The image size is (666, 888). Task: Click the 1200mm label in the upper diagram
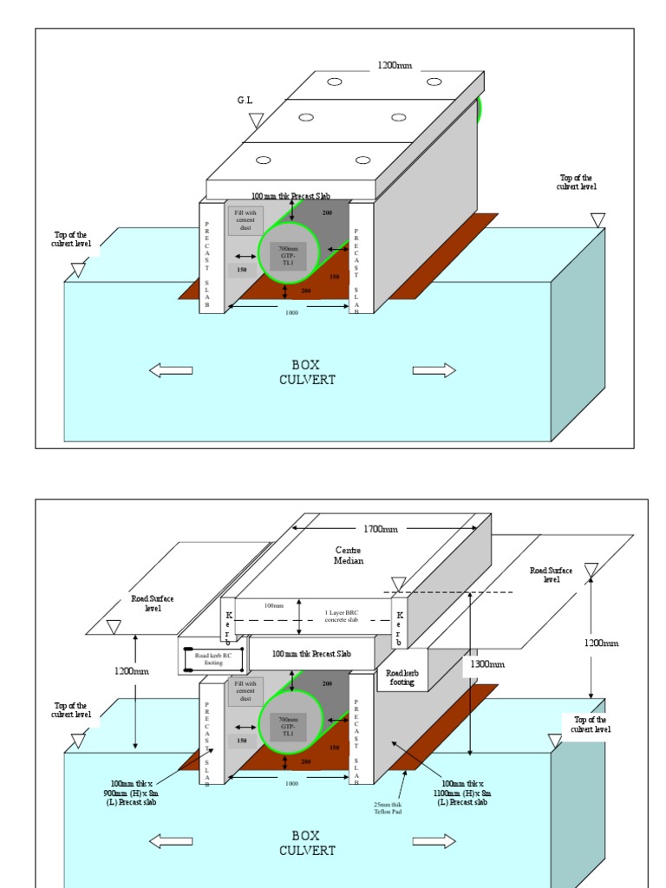(395, 65)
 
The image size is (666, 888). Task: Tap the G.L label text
(245, 101)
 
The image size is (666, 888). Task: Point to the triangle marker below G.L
(256, 120)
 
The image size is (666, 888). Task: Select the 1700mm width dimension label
(380, 529)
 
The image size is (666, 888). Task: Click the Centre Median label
(349, 555)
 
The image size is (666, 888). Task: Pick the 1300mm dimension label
(486, 663)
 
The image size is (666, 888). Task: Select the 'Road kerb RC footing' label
(213, 659)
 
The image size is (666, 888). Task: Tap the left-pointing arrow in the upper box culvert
(171, 370)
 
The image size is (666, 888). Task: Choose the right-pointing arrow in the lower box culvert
(434, 841)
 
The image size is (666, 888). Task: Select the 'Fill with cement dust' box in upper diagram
(246, 219)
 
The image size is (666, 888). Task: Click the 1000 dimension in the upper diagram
(291, 312)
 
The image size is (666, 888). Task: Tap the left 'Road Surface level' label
(153, 604)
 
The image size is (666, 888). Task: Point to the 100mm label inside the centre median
(274, 605)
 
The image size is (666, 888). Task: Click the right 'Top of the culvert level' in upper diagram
(577, 181)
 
